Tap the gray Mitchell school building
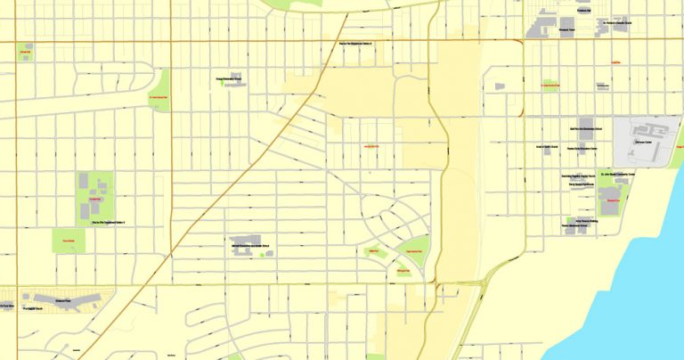point(240,244)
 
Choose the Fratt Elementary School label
point(228,79)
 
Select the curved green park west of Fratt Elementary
point(160,91)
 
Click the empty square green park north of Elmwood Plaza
point(68,240)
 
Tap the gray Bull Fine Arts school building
point(585,126)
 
